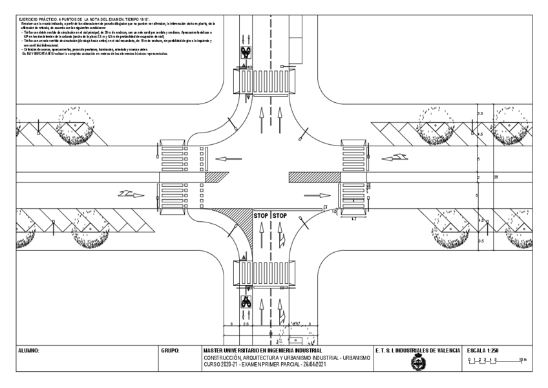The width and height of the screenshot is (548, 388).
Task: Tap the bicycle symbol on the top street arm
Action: pos(246,52)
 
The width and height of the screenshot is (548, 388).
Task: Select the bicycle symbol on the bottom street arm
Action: pos(246,301)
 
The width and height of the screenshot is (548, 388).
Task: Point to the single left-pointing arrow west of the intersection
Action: pos(229,158)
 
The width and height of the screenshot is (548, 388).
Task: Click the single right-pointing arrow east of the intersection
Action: pos(317,194)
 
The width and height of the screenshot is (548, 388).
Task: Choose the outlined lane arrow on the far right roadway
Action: pos(395,157)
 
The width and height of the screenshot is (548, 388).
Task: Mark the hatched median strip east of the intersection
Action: pos(314,176)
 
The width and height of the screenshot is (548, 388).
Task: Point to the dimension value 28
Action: pos(496,177)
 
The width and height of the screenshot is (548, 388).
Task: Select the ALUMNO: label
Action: pos(31,350)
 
